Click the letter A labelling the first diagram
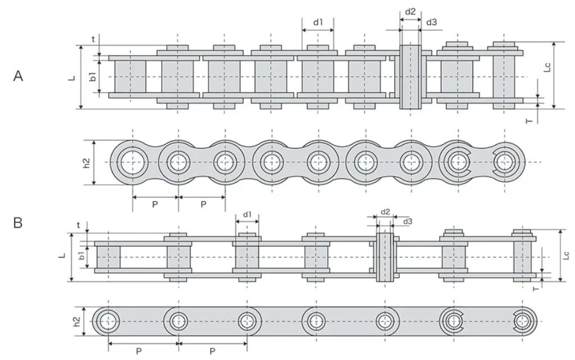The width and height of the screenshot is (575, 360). click(18, 76)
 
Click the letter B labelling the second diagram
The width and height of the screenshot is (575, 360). click(17, 222)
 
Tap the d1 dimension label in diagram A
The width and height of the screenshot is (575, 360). click(318, 22)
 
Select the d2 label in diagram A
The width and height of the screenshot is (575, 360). click(410, 11)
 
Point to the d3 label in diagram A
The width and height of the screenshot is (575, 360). click(432, 22)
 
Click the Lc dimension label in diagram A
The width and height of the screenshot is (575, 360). click(547, 67)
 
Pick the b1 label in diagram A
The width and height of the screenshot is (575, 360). click(93, 76)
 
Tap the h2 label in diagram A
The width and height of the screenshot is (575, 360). click(86, 162)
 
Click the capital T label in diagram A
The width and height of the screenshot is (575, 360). click(529, 121)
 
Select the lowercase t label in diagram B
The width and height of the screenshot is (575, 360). click(78, 225)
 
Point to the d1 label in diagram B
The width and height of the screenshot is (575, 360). click(248, 214)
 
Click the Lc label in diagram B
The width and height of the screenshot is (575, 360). click(566, 255)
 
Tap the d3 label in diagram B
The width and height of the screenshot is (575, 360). click(408, 221)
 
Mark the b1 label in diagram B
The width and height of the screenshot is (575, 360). click(82, 255)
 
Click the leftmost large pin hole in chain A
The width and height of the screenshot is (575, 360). click(133, 162)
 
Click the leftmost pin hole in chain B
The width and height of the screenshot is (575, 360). click(108, 321)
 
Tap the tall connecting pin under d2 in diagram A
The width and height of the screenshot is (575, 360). click(410, 76)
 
